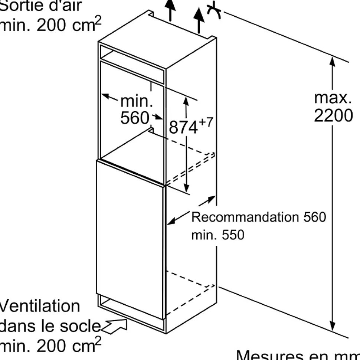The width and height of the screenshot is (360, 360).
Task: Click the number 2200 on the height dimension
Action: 333,116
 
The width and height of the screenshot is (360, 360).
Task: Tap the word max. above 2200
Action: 333,98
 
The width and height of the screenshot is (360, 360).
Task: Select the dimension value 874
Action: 183,127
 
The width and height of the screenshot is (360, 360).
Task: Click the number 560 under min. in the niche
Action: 134,118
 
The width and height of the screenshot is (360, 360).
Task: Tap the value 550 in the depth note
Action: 233,235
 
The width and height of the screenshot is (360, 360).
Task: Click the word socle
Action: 82,326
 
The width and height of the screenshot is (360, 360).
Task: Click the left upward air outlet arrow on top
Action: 170,9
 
